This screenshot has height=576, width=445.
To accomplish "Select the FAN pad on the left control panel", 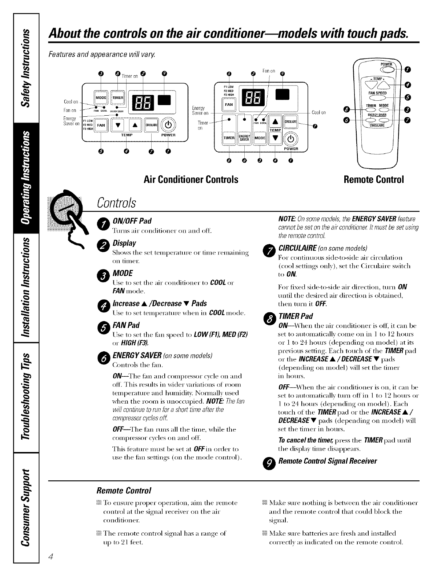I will (x=100, y=125).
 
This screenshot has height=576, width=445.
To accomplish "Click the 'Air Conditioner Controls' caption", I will (x=191, y=180).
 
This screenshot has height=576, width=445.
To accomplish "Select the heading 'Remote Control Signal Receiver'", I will (x=327, y=461).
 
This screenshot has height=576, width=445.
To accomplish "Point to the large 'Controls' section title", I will (x=116, y=203).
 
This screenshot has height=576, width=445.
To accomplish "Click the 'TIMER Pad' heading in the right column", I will (x=295, y=316).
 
